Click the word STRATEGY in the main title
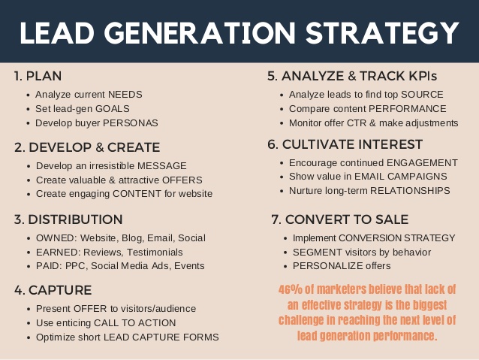click(x=382, y=33)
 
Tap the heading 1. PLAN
click(x=38, y=76)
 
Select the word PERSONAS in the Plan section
click(x=131, y=123)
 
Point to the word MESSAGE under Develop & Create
click(x=162, y=166)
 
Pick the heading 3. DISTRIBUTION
click(x=68, y=219)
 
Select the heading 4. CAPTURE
click(x=53, y=290)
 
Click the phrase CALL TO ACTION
click(x=134, y=322)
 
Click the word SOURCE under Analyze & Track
click(x=422, y=95)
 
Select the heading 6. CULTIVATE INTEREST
click(x=345, y=144)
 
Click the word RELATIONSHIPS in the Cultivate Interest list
click(x=410, y=191)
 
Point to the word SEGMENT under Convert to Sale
click(x=318, y=252)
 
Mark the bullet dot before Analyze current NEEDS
click(x=29, y=95)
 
